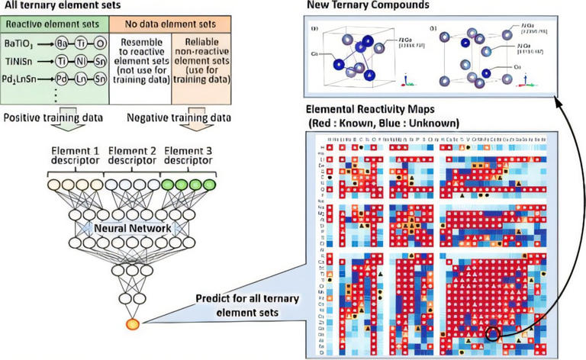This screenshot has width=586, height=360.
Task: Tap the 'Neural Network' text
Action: (x=126, y=227)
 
